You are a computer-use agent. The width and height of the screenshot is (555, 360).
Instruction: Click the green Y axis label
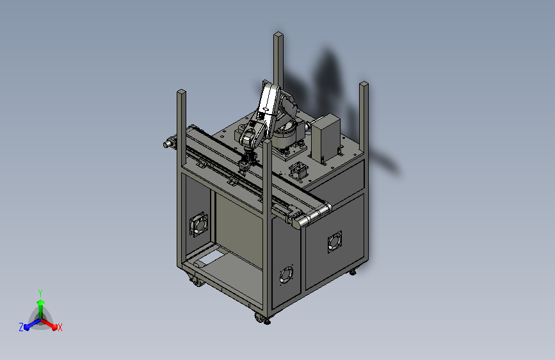(40, 291)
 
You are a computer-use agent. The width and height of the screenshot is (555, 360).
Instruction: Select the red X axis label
(60, 327)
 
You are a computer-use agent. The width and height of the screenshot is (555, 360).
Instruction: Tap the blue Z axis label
(21, 327)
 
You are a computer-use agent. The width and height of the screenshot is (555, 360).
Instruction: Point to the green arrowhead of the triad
(40, 302)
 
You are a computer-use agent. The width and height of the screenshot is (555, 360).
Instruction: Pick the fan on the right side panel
(334, 242)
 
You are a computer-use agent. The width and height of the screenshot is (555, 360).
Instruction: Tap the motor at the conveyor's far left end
(170, 143)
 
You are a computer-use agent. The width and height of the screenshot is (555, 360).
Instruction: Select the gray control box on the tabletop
(325, 138)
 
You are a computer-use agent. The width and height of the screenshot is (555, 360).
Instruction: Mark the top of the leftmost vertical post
(182, 94)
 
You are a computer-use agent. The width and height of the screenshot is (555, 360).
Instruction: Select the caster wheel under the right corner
(352, 272)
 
